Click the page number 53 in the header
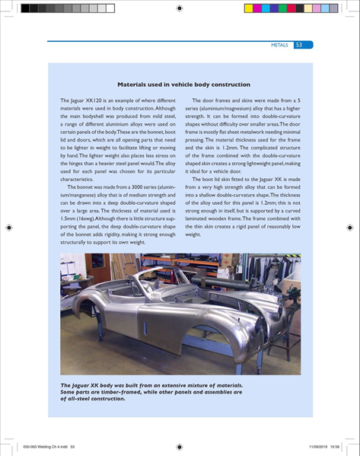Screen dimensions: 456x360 (298, 45)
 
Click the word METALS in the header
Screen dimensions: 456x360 (279, 45)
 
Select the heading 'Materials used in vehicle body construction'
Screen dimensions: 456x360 (180, 85)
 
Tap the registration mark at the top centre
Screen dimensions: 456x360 (180, 8)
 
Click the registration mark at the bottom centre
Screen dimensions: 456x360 (180, 446)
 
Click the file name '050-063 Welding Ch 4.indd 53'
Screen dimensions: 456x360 (50, 446)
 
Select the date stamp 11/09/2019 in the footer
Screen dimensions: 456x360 (318, 446)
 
